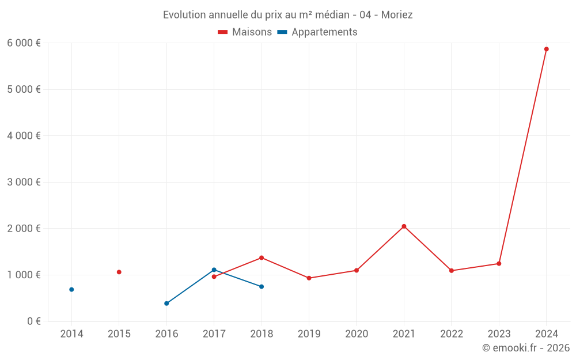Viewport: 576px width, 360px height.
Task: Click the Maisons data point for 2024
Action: point(546,49)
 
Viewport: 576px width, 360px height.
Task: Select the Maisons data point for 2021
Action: point(404,226)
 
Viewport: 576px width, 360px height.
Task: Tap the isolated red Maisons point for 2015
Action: point(119,272)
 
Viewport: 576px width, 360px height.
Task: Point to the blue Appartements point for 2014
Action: point(71,289)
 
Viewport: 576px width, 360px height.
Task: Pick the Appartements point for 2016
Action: point(166,304)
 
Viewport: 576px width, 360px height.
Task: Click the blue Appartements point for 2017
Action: point(214,270)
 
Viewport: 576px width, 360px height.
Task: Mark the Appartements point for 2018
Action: point(262,286)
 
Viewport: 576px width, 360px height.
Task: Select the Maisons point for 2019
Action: point(309,278)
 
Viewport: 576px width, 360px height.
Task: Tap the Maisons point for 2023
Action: point(499,264)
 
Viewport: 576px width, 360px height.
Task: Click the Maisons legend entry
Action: point(245,32)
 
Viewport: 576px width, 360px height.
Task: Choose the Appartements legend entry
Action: point(317,32)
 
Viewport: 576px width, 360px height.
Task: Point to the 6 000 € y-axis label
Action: point(24,43)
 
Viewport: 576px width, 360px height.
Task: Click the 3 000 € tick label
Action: point(24,182)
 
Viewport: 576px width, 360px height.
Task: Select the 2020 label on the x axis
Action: point(356,334)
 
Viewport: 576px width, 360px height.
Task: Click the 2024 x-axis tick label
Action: point(546,334)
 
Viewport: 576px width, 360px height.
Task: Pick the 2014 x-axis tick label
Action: point(71,334)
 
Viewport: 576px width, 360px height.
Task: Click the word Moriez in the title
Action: point(397,15)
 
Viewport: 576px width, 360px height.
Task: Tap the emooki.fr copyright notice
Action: point(526,348)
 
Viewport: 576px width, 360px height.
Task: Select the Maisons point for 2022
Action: point(451,271)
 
